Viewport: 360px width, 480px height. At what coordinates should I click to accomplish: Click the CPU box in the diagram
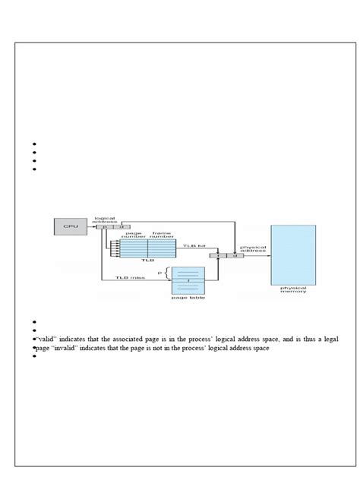[69, 226]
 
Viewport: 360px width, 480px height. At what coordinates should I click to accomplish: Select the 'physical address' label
[253, 249]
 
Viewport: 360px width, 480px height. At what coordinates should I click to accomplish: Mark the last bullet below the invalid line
[35, 356]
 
